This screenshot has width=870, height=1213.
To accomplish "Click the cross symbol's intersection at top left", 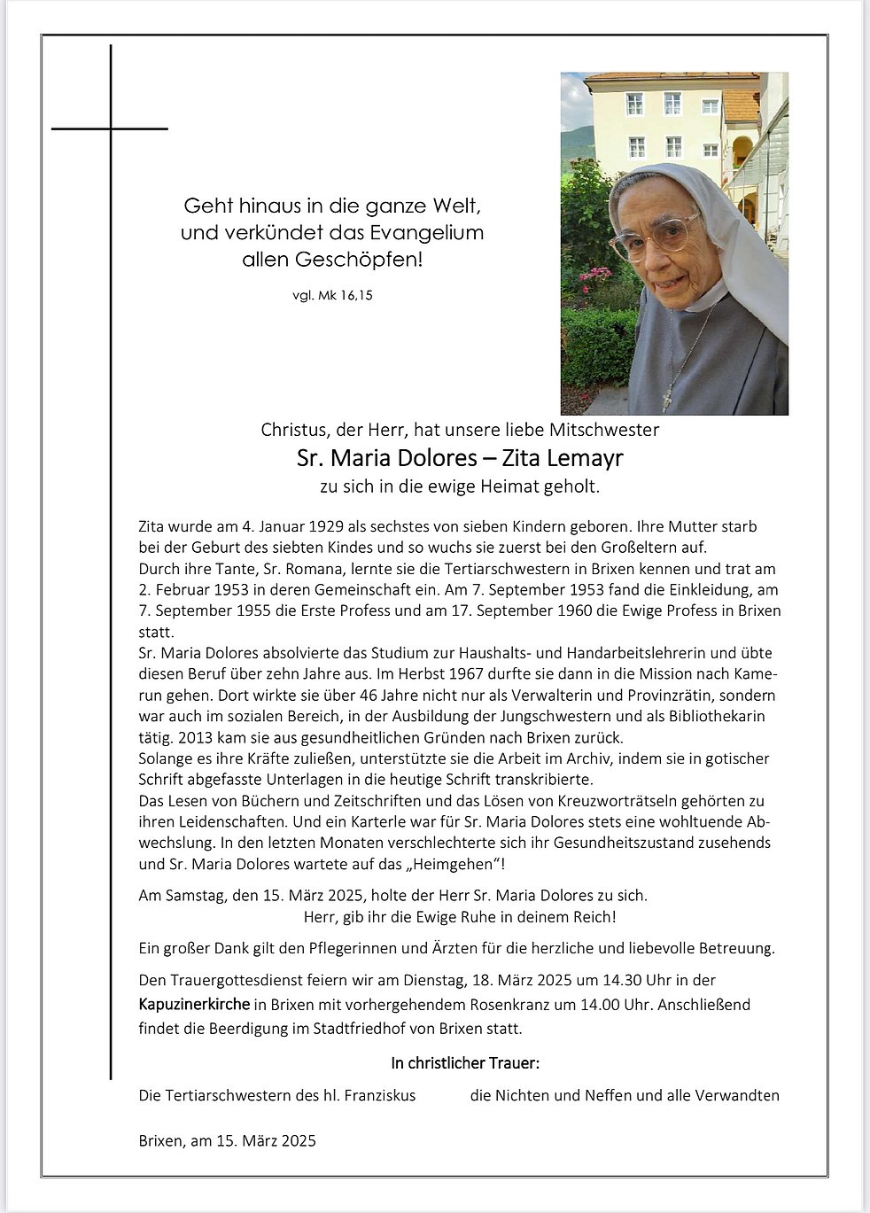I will coord(111,129).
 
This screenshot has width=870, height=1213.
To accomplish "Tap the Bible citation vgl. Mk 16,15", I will coord(332,296).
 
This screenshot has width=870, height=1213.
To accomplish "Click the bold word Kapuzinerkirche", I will coord(194,1005).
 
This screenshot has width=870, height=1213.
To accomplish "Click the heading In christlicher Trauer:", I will coord(465,1062).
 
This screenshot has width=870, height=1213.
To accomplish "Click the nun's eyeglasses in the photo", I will coord(654,235).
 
